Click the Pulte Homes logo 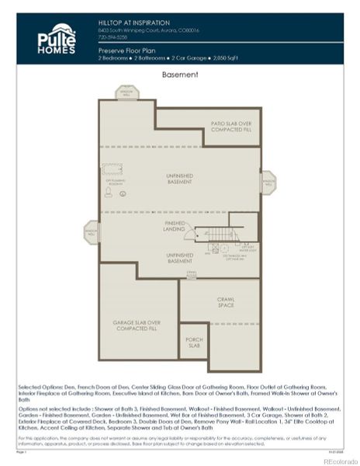55,40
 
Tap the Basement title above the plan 180,75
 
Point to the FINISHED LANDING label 175,226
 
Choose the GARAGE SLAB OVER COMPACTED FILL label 138,325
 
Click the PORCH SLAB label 194,343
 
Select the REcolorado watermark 334,460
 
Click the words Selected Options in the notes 36,386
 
